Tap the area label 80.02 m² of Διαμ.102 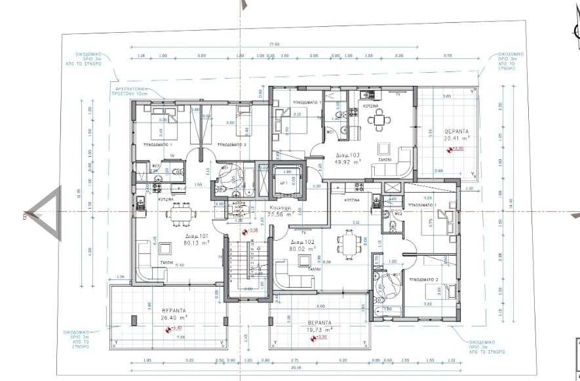[x=302, y=249]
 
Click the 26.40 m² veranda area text [x=174, y=319]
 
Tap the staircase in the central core [x=248, y=262]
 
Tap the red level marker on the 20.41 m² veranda [x=450, y=150]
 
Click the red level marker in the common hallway [x=246, y=231]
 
